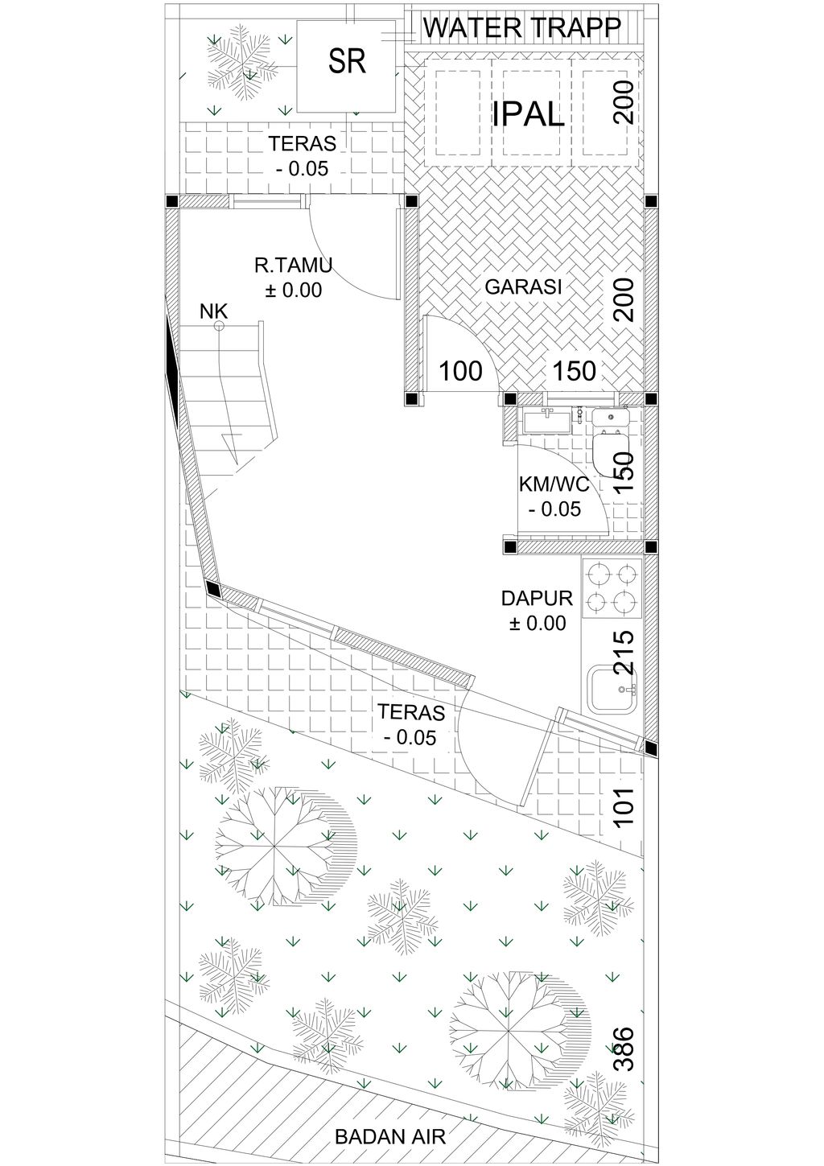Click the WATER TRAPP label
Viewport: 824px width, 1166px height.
point(522,27)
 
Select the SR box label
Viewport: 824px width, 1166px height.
point(347,61)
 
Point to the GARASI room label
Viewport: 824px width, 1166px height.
point(523,286)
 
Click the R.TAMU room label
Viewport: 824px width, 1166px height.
point(293,266)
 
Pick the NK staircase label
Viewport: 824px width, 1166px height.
point(213,311)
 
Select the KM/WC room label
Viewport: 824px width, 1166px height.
point(554,484)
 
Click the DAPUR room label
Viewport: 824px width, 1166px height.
point(537,599)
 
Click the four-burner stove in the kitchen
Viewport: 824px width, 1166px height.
point(612,588)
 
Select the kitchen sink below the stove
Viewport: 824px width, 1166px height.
point(612,689)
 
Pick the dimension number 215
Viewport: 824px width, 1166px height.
point(624,653)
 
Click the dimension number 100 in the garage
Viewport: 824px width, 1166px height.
point(460,371)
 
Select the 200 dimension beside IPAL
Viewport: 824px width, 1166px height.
point(624,102)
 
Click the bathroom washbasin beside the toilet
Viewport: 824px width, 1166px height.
point(547,421)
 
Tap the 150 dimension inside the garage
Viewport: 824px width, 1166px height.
point(575,371)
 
